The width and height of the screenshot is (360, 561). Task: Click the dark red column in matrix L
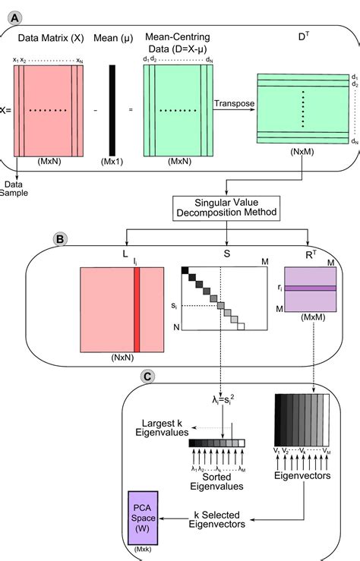[137, 310]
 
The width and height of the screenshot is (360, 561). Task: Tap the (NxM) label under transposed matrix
[303, 152]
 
